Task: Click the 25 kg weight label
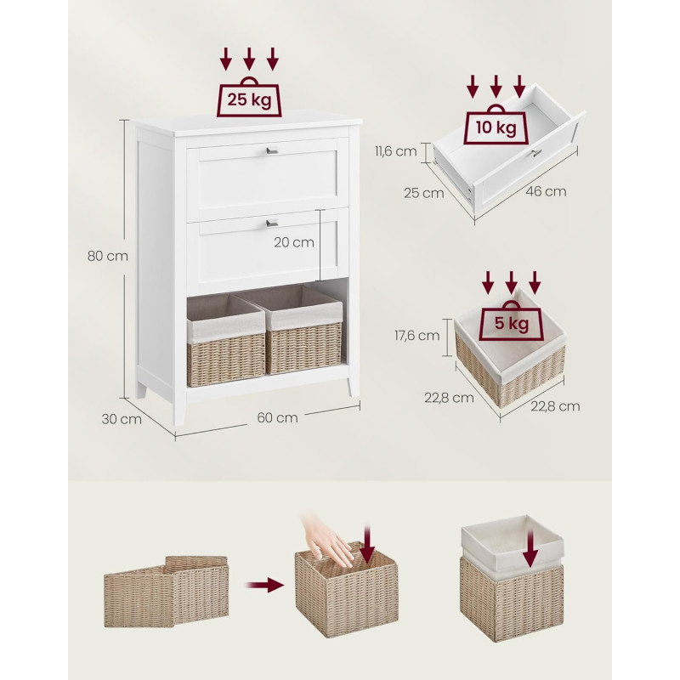tap(249, 100)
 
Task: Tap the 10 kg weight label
tap(496, 128)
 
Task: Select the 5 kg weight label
tap(512, 323)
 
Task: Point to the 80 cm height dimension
tap(108, 256)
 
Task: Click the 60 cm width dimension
tap(277, 417)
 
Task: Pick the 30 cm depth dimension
tap(122, 419)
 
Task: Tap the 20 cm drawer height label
tap(293, 242)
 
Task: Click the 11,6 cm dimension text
tap(395, 151)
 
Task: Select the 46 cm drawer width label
tap(546, 191)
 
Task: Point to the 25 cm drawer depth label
tap(423, 193)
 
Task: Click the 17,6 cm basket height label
tap(416, 335)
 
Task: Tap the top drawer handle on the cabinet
tap(272, 150)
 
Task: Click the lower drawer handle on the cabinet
tap(272, 223)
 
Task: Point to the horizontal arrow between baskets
tap(264, 585)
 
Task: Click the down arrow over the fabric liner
tap(530, 547)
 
